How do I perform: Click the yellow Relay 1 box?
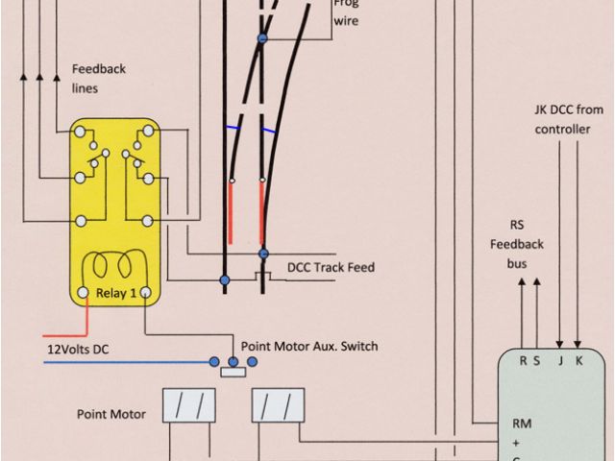[114, 211]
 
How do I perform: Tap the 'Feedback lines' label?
[97, 79]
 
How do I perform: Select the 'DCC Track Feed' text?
[331, 267]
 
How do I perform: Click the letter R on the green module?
[523, 362]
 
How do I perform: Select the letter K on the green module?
[578, 362]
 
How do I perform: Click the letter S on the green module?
[536, 362]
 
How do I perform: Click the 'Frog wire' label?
[345, 12]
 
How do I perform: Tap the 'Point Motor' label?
[111, 414]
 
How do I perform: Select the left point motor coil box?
[188, 405]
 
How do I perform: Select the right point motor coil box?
[278, 405]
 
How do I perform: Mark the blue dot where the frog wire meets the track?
[261, 38]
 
